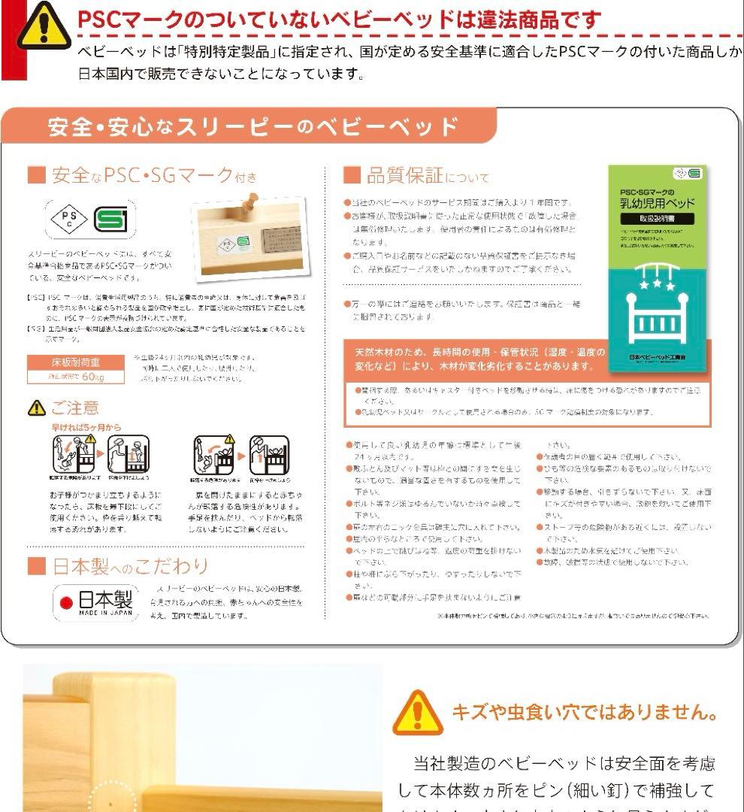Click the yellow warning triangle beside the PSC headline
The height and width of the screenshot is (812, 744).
tap(44, 26)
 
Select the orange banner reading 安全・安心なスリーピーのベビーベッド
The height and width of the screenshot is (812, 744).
tap(253, 126)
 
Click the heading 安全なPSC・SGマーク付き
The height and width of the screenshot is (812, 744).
tap(142, 176)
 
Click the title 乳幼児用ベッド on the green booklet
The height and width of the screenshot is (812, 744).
tap(658, 203)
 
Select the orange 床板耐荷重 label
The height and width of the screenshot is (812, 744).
tap(77, 362)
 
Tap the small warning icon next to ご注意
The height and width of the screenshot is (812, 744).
tap(36, 408)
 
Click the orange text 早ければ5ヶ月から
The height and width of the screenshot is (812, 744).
tap(86, 427)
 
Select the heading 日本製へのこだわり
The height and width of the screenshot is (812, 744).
tap(118, 565)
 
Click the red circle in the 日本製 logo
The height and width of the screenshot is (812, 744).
tap(66, 601)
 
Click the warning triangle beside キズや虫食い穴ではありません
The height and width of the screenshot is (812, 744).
tap(418, 712)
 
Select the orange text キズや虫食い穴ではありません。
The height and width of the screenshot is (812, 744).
tap(584, 711)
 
